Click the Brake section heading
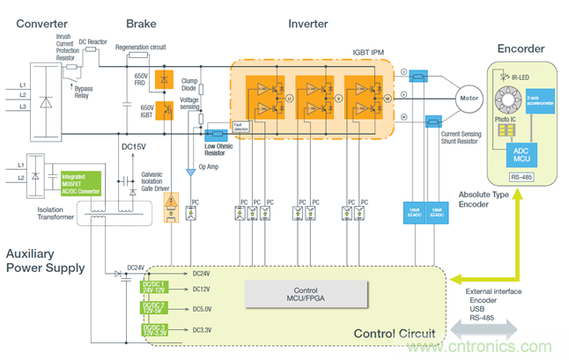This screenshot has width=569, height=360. [x=141, y=24]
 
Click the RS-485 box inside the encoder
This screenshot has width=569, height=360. [x=521, y=176]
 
